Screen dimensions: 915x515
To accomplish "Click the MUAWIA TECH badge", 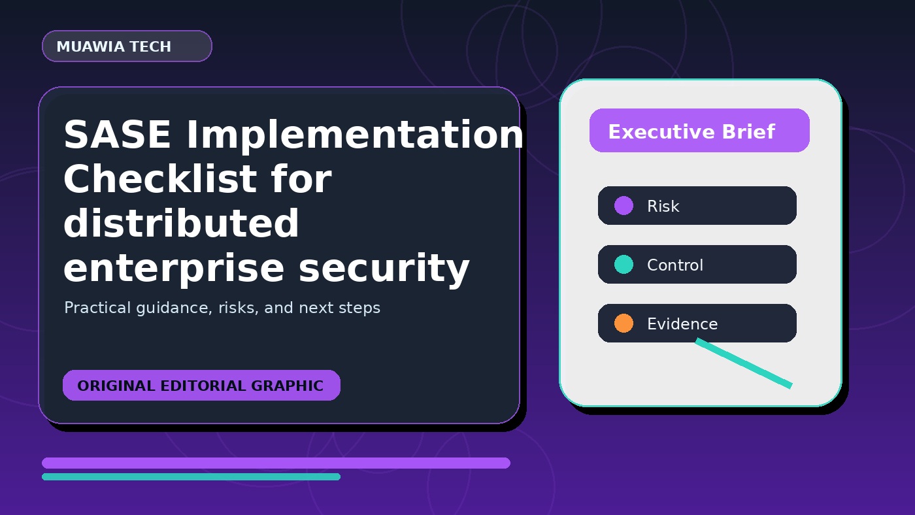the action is (x=127, y=46).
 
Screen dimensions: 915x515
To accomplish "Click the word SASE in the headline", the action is (x=117, y=135).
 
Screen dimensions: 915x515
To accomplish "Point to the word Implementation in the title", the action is (x=354, y=135).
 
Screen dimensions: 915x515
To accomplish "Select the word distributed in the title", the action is (x=182, y=223).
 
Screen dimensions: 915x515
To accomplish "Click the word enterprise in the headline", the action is (x=174, y=269).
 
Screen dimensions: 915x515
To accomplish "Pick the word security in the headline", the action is (x=384, y=269).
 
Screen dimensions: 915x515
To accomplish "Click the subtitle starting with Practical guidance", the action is (x=222, y=308).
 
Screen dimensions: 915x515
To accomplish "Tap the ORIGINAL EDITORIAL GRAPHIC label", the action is (x=201, y=385).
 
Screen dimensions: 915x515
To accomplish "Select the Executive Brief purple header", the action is (x=699, y=131).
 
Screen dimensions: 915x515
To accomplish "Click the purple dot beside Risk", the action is (x=624, y=205).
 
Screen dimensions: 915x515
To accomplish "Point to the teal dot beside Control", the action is (x=624, y=264).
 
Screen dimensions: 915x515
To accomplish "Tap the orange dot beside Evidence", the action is (x=624, y=323).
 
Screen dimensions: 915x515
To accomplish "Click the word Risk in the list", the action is (x=663, y=207).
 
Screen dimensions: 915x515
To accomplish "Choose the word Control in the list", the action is (x=675, y=265).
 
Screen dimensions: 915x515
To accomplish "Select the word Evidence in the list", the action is (x=682, y=324).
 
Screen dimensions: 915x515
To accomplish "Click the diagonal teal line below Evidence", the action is (x=744, y=363).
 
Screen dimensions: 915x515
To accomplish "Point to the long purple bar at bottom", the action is (x=276, y=463).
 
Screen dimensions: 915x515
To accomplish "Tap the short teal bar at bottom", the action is (x=191, y=476).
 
